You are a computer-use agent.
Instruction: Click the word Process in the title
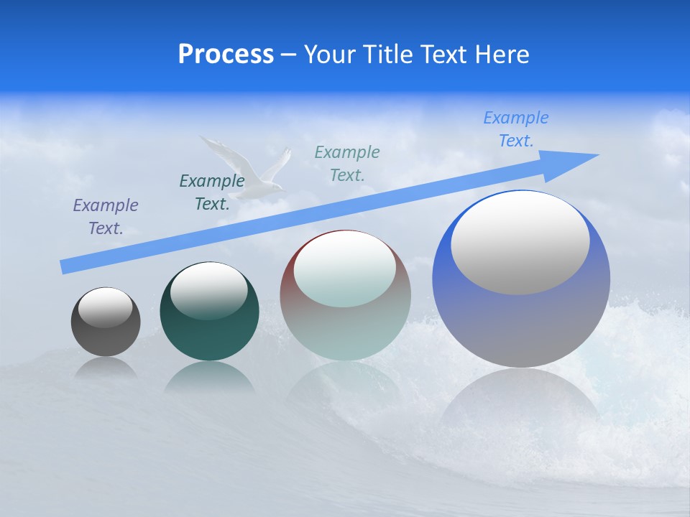(226, 55)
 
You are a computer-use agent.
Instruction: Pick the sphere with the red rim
(345, 323)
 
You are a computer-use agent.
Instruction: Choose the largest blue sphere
(521, 323)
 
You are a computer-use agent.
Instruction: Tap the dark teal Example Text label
(212, 192)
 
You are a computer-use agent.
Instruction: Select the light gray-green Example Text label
(347, 163)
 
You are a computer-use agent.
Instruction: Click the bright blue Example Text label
(516, 129)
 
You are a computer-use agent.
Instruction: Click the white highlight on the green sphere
(208, 291)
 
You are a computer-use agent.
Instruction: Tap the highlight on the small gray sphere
(105, 308)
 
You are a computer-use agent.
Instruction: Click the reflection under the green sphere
(209, 377)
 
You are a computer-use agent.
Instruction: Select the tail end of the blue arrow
(67, 266)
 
